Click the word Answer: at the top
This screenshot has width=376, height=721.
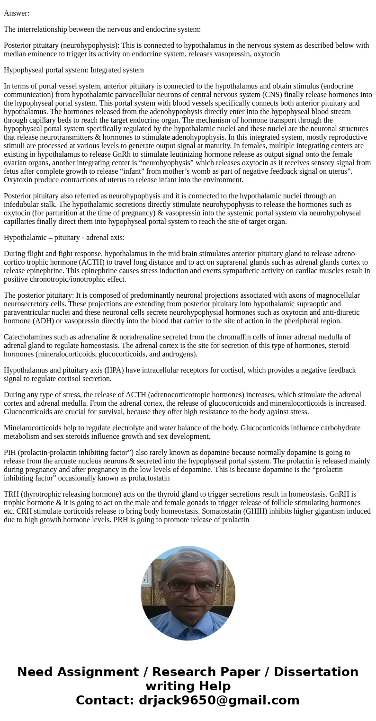(17, 13)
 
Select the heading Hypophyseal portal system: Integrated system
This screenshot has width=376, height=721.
(74, 70)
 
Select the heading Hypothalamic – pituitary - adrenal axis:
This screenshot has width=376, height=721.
(64, 238)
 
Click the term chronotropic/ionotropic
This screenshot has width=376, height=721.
(68, 279)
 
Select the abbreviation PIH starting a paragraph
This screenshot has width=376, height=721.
(10, 453)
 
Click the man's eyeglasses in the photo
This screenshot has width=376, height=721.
(189, 585)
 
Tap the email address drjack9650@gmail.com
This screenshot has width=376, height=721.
(219, 700)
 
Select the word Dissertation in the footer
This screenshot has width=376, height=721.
(316, 672)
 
